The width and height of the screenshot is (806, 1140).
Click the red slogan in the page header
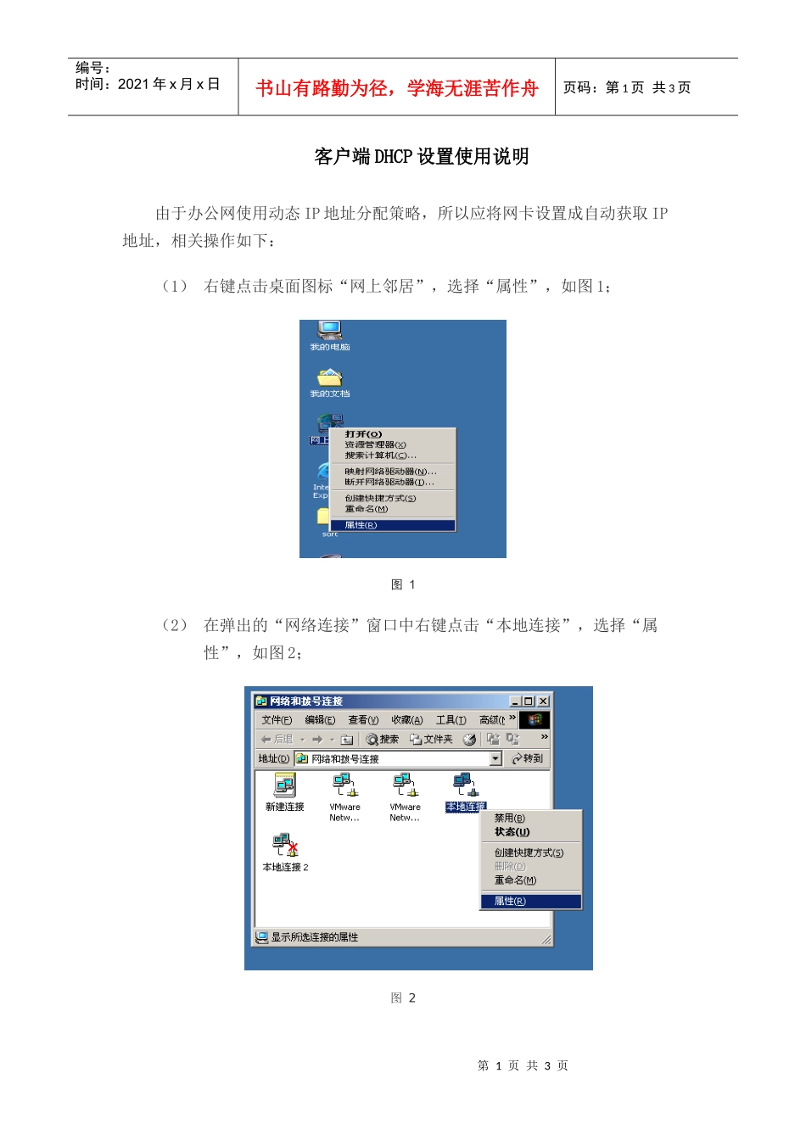point(396,88)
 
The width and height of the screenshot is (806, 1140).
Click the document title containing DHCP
point(421,157)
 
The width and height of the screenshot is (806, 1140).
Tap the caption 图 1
point(403,584)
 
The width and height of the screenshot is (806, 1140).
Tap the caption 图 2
point(403,998)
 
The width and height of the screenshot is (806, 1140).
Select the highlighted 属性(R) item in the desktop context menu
point(361,525)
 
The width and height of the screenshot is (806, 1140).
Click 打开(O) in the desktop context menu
point(363,434)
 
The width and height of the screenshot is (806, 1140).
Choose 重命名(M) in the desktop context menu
point(366,509)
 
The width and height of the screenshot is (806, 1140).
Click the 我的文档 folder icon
point(329,378)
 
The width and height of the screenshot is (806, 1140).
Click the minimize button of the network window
point(515,701)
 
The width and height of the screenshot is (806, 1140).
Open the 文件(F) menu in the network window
point(277,720)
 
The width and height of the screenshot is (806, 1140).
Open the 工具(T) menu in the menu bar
point(451,720)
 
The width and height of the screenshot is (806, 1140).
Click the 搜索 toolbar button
point(383,740)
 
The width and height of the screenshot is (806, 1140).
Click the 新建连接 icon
point(284,786)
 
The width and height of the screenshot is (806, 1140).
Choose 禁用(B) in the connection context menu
point(509,819)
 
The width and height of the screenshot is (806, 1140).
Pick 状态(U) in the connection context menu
point(512,832)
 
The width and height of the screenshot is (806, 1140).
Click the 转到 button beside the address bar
point(528,758)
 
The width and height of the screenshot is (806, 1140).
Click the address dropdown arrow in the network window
point(495,758)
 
